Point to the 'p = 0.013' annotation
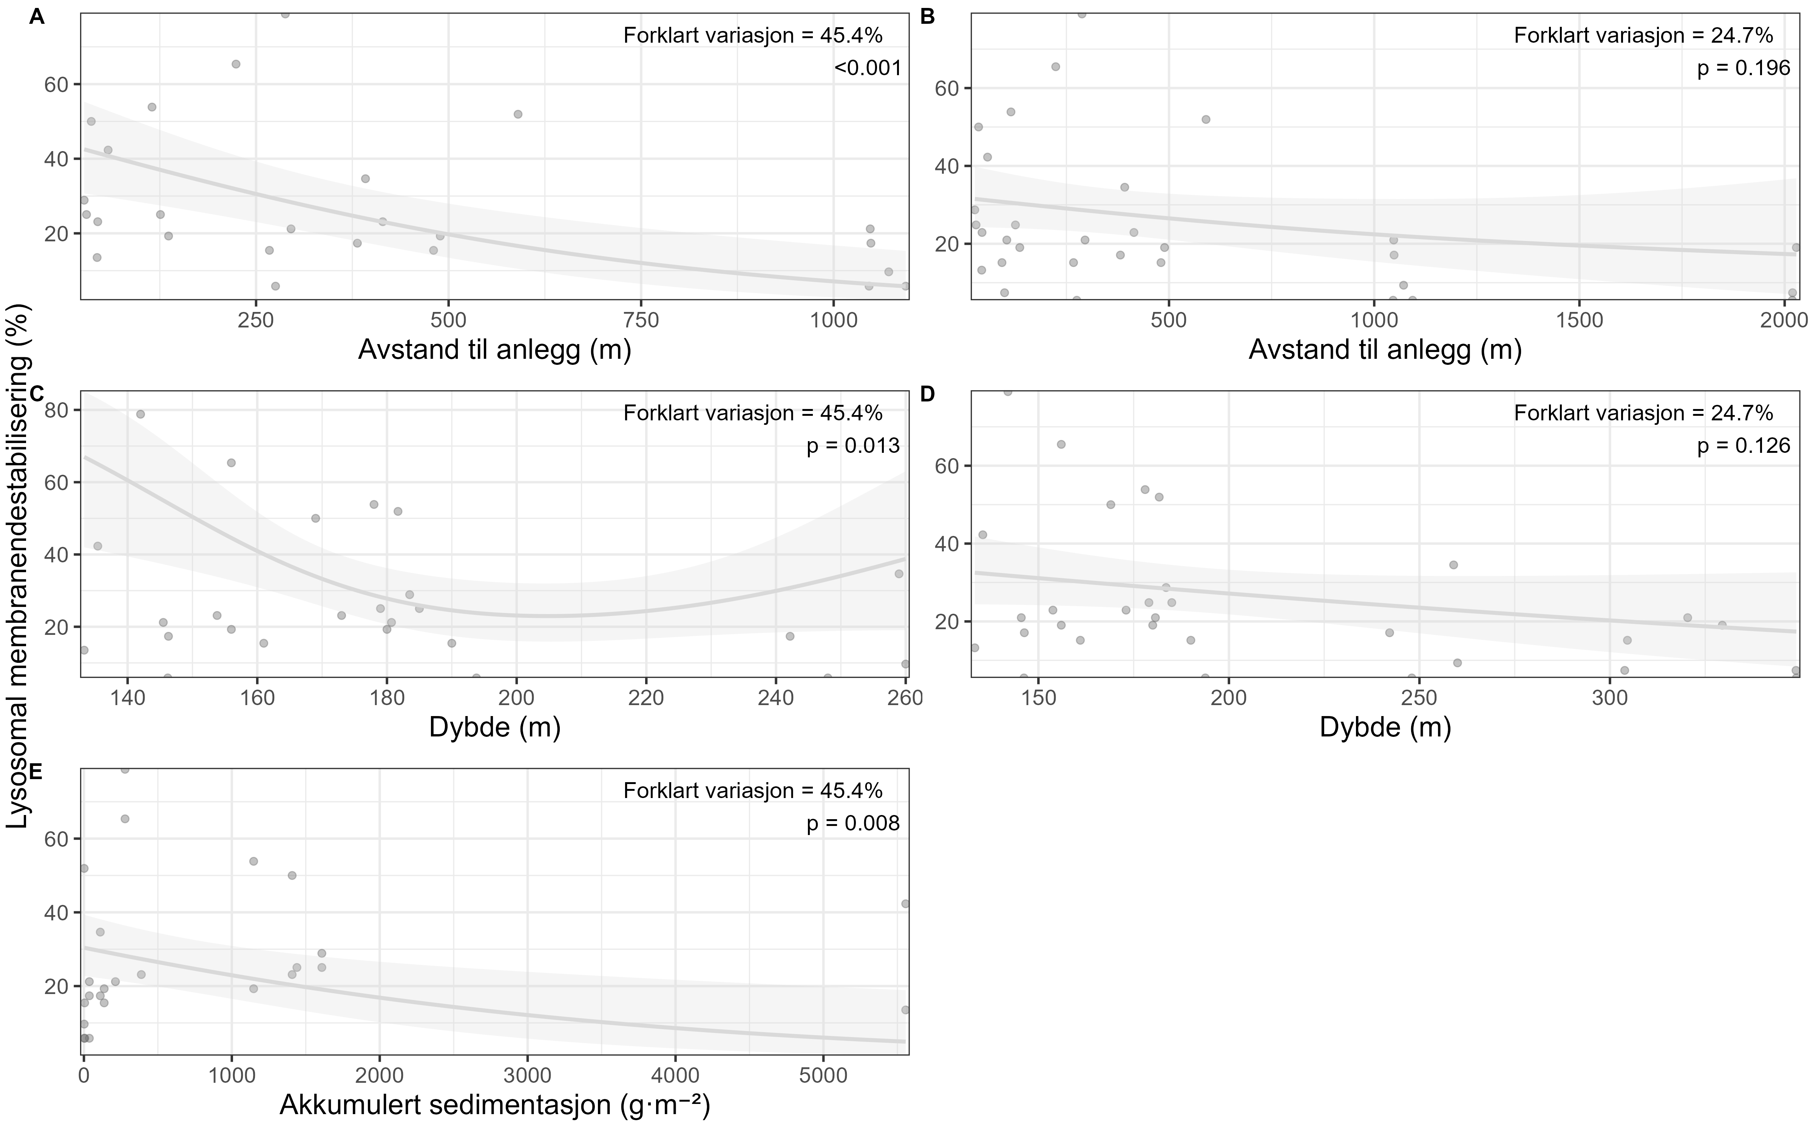[852, 447]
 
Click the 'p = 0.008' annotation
[852, 824]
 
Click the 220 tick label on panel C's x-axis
[646, 698]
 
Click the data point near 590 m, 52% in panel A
[518, 114]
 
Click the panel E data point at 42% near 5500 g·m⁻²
[905, 904]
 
